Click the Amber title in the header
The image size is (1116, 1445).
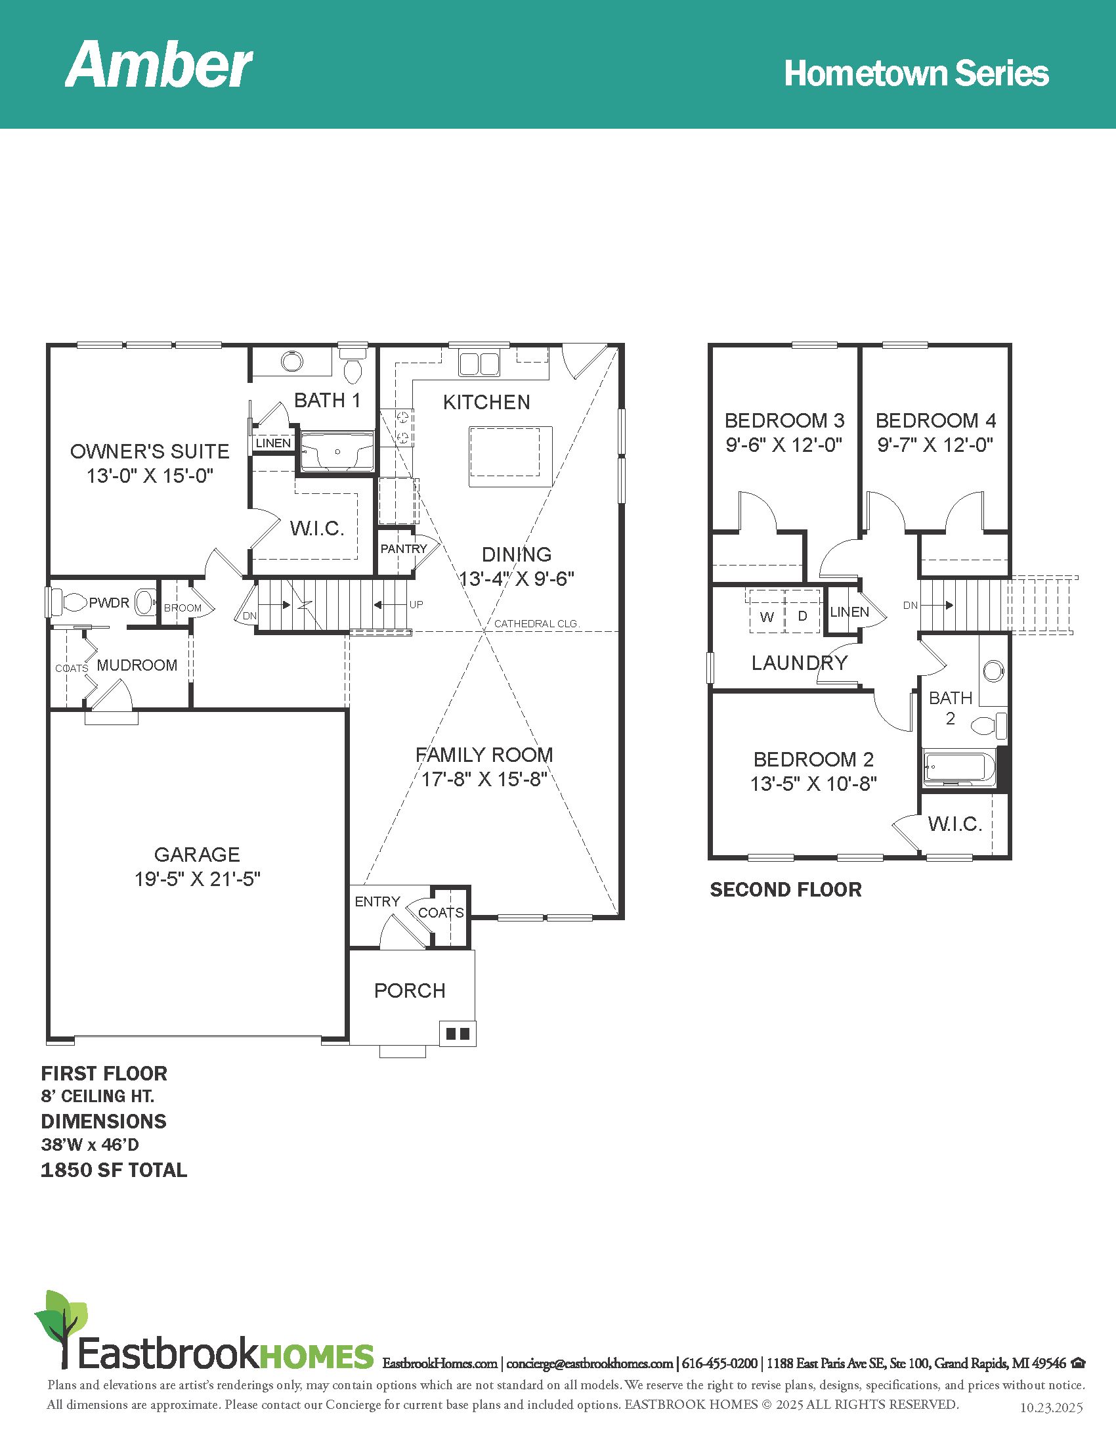159,64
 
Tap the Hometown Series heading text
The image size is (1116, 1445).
916,74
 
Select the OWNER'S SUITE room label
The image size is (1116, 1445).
150,451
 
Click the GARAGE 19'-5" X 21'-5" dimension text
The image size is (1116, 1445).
198,879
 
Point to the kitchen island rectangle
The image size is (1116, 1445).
510,456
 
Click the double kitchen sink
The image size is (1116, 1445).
479,364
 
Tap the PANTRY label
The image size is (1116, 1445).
403,548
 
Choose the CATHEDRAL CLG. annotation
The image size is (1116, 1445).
537,623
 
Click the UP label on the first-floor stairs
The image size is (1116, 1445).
416,604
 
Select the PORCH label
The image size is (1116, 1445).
410,990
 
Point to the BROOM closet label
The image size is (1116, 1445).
182,608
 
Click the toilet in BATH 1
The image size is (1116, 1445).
354,366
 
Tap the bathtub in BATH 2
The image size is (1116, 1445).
959,767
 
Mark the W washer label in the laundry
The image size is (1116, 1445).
767,617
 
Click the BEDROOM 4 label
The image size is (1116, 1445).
935,420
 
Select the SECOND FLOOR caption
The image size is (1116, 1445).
785,890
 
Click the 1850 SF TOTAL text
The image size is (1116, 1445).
114,1170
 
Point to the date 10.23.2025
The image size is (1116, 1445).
1051,1408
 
